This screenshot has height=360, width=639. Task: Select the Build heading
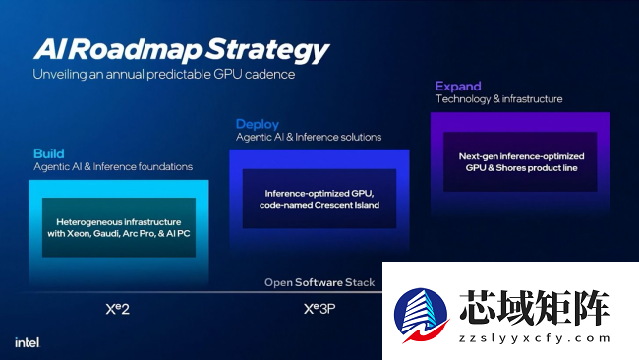coord(49,153)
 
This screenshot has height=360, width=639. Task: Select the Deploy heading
coord(258,124)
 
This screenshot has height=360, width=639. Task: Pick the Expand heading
coord(458,86)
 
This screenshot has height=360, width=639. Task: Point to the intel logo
coord(27,343)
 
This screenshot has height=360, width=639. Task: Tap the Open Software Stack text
coord(319,283)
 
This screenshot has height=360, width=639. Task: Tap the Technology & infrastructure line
coord(498,99)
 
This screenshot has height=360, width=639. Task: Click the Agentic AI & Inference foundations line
coord(113,167)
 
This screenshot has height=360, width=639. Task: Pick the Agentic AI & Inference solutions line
coord(309,137)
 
